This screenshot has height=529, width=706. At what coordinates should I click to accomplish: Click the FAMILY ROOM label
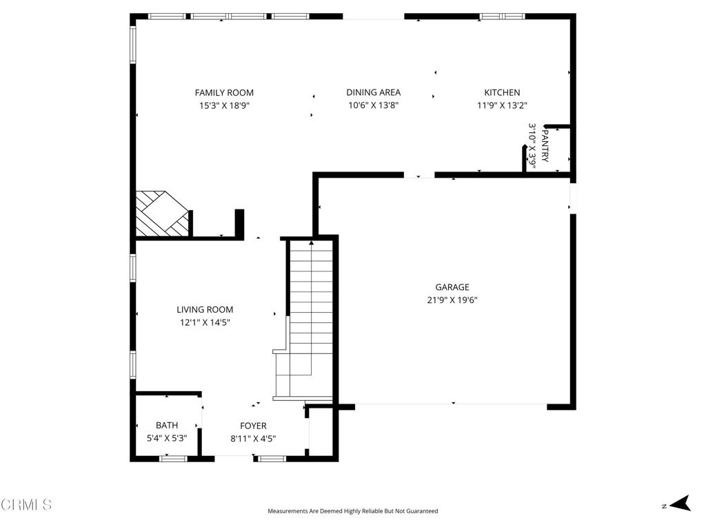pyautogui.click(x=224, y=92)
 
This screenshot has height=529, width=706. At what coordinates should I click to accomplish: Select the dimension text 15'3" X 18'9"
pyautogui.click(x=224, y=106)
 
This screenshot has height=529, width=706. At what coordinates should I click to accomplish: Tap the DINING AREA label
pyautogui.click(x=373, y=92)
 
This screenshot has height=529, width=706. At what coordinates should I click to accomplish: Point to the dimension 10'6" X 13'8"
pyautogui.click(x=373, y=106)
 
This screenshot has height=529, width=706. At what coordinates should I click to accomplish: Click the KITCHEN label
pyautogui.click(x=502, y=92)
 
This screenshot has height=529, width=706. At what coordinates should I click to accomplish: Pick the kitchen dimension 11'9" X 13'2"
pyautogui.click(x=502, y=106)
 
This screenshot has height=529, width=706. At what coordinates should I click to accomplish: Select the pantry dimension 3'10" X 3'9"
pyautogui.click(x=532, y=146)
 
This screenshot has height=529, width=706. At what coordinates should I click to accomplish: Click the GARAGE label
pyautogui.click(x=452, y=287)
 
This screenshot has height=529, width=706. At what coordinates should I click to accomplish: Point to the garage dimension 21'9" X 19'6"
pyautogui.click(x=452, y=300)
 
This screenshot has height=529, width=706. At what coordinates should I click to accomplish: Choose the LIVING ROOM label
pyautogui.click(x=205, y=310)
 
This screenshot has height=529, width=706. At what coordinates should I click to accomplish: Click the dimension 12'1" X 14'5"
pyautogui.click(x=205, y=322)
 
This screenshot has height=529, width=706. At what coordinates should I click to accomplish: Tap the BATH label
pyautogui.click(x=167, y=426)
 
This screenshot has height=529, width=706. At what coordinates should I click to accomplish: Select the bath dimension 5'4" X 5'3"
pyautogui.click(x=167, y=438)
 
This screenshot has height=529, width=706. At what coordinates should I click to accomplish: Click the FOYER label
pyautogui.click(x=253, y=426)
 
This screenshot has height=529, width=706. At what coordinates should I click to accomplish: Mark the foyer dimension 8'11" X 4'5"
pyautogui.click(x=253, y=438)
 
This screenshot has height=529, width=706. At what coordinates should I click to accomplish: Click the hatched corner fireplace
pyautogui.click(x=160, y=214)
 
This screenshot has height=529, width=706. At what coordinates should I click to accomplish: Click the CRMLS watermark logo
pyautogui.click(x=26, y=505)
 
